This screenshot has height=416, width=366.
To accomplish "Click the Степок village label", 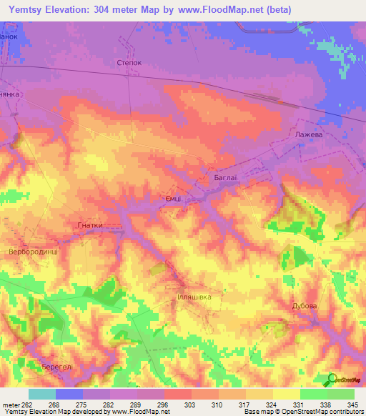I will tap(129, 63).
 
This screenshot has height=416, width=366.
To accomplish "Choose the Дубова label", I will tap(304, 306).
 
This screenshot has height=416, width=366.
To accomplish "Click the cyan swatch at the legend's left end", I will tap(41, 394).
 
